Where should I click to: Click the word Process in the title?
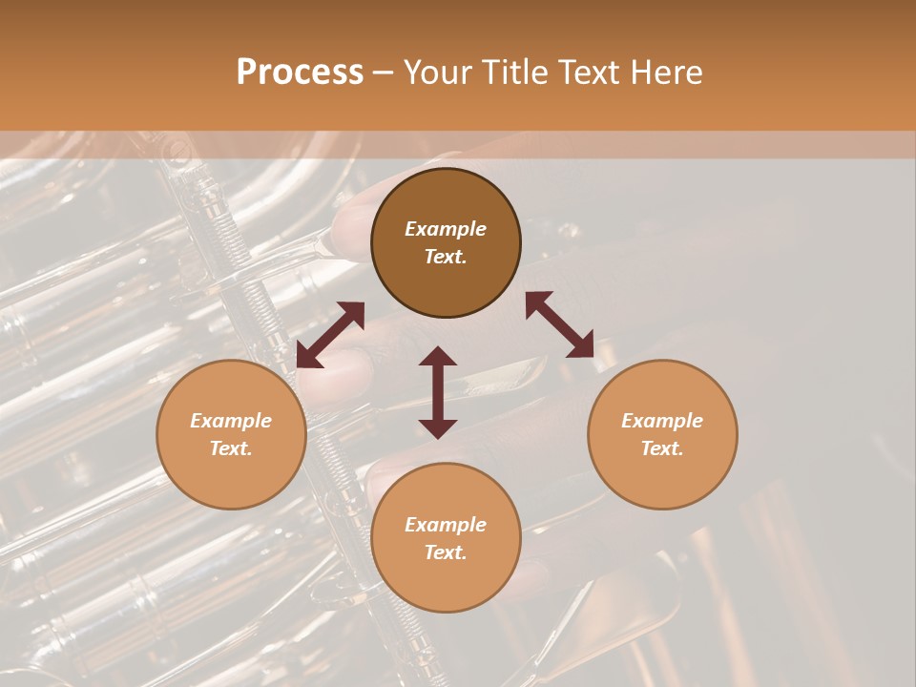pyautogui.click(x=300, y=73)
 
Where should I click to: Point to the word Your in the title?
pyautogui.click(x=437, y=73)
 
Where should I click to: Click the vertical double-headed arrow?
pyautogui.click(x=438, y=392)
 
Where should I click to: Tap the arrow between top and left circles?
pyautogui.click(x=330, y=335)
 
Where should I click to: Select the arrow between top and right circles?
pyautogui.click(x=559, y=324)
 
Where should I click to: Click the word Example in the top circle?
pyautogui.click(x=446, y=229)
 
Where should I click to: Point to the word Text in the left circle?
pyautogui.click(x=231, y=448)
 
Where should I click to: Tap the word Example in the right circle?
pyautogui.click(x=661, y=421)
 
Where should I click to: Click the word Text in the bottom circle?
pyautogui.click(x=446, y=552)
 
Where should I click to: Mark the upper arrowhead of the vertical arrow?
pyautogui.click(x=438, y=357)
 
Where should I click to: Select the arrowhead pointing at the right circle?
pyautogui.click(x=581, y=346)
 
